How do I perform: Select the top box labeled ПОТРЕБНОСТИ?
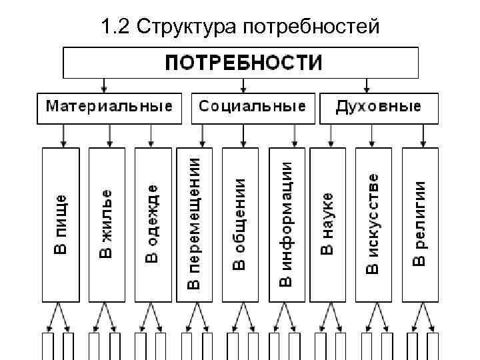[241, 63]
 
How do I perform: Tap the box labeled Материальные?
[109, 107]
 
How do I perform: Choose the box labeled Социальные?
[253, 107]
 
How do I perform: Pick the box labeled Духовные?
[379, 107]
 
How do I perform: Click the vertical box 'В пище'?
[61, 224]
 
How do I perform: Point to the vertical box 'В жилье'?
[107, 224]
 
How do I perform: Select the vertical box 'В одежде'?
[153, 224]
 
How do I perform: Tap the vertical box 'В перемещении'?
[194, 224]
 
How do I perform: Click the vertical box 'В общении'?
[241, 224]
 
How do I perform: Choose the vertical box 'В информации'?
[287, 224]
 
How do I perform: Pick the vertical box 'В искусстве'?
[375, 224]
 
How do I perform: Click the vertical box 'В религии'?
[421, 224]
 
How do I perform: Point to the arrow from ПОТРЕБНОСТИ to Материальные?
[103, 85]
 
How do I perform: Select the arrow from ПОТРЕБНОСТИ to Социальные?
[244, 85]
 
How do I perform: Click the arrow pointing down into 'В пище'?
[63, 136]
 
